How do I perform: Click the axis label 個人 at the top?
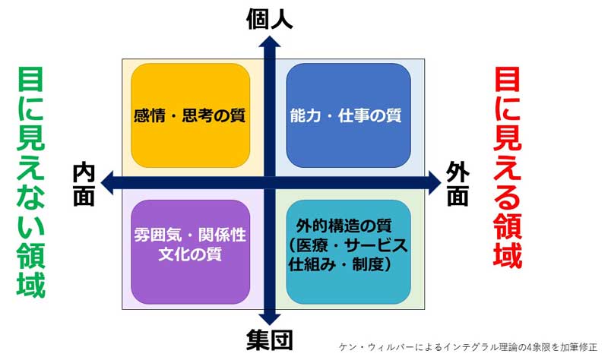point(270,19)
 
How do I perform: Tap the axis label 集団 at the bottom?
point(270,339)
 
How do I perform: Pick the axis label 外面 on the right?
point(457,184)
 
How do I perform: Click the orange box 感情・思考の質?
point(190,115)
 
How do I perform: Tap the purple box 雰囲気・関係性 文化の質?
point(190,251)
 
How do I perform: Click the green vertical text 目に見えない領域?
point(30,182)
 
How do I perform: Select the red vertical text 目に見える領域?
point(508,167)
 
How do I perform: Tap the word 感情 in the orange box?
point(147,116)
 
